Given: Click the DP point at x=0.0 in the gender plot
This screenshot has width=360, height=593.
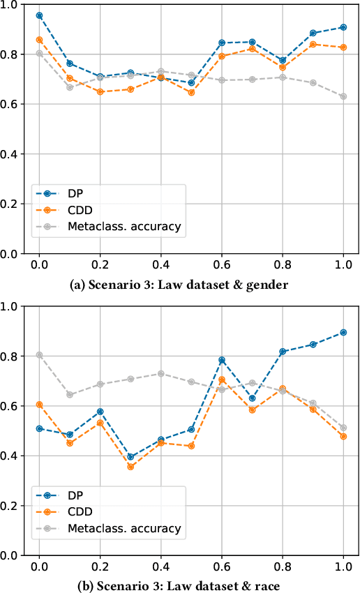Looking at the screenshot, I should [39, 15].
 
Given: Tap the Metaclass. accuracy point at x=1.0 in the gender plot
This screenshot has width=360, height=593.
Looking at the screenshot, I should [343, 96].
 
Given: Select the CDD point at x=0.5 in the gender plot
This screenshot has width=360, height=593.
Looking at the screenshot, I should [191, 93].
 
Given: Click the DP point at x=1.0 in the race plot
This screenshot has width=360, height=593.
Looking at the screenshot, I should [343, 332].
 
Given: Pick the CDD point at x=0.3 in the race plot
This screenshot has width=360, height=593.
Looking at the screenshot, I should [130, 467].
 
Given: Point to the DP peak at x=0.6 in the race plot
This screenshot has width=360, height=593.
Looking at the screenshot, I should [222, 360].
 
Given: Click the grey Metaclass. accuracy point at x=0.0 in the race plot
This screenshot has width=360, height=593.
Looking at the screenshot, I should [39, 354].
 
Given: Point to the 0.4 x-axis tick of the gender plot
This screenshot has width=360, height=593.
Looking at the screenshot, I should [160, 266].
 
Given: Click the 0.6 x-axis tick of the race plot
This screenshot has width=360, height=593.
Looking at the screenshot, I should [222, 567].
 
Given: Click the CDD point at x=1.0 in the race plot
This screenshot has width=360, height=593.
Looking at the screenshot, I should [343, 436].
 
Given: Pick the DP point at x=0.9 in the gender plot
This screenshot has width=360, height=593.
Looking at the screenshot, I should [313, 33].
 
